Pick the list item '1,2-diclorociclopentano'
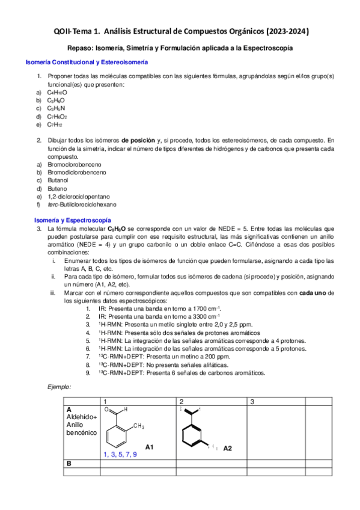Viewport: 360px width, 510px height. pyautogui.click(x=79, y=196)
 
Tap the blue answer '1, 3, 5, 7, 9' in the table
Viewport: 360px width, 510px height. pyautogui.click(x=120, y=454)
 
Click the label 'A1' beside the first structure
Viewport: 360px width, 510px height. pyautogui.click(x=150, y=447)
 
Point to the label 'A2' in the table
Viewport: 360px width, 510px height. pyautogui.click(x=228, y=448)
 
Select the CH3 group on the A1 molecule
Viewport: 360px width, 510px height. pyautogui.click(x=139, y=426)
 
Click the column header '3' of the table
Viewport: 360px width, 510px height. pyautogui.click(x=252, y=401)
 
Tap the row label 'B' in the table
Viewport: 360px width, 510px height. pyautogui.click(x=69, y=464)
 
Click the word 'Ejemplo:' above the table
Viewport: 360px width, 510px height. pyautogui.click(x=59, y=386)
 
